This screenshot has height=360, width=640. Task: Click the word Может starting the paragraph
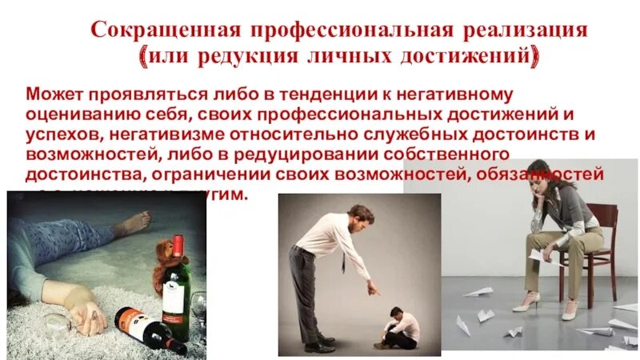(x=52, y=95)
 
